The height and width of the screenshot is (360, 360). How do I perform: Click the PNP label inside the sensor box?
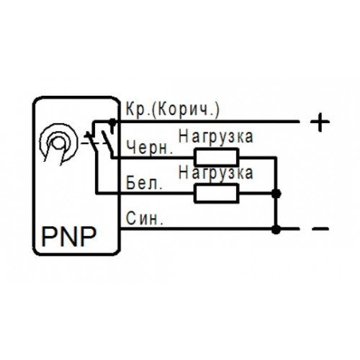coord(69,236)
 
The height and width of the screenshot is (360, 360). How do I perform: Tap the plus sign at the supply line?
coord(320,122)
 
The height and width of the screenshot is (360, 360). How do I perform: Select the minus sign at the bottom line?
coord(320,229)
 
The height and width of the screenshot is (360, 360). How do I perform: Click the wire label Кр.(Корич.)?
coord(173,110)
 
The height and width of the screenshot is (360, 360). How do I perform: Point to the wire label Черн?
coord(150,147)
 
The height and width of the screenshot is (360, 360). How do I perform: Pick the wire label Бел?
coord(144,183)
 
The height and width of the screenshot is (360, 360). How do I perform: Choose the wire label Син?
coord(145,218)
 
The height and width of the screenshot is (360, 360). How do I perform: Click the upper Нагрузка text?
coord(216,136)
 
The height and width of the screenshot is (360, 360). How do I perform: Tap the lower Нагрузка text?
coord(216,172)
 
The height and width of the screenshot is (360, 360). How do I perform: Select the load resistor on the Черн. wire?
coord(217,158)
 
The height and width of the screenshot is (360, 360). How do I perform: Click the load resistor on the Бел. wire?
coord(217,193)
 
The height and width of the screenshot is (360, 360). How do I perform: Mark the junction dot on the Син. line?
coord(276,229)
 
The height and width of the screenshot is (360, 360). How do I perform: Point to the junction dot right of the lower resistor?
coord(276,194)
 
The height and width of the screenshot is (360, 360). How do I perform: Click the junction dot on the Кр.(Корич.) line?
coord(112,122)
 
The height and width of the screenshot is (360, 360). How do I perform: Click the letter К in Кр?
coord(131,109)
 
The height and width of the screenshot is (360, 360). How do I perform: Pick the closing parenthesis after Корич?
coord(217,110)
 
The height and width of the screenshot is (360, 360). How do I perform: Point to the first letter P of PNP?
coord(49,236)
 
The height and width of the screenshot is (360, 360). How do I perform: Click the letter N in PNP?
coord(69,236)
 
